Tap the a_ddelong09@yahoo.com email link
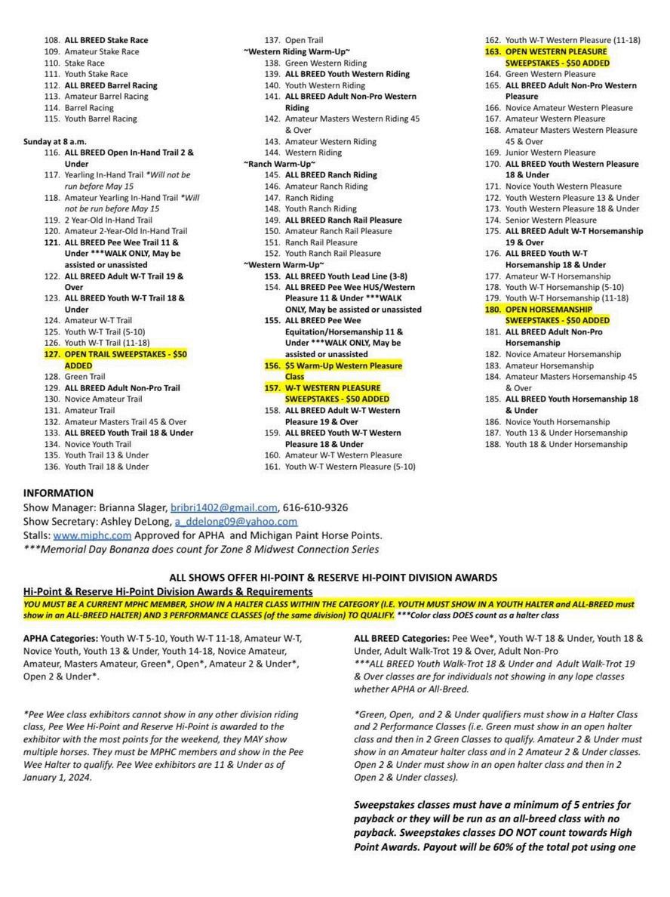pos(235,521)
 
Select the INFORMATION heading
pos(59,493)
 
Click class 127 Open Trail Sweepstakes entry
pos(125,353)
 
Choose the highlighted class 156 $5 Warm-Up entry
pos(343,365)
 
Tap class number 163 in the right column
pos(492,52)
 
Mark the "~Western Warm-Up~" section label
pos(284,265)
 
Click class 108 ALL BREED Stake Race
pos(106,40)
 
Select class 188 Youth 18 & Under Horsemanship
pos(565,444)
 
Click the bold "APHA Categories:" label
pos(60,638)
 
